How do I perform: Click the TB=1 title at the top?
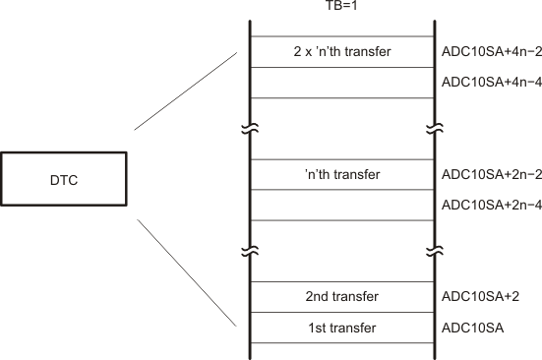click(341, 8)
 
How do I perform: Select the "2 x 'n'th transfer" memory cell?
click(341, 51)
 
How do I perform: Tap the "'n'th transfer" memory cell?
click(341, 174)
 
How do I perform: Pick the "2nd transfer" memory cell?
click(341, 296)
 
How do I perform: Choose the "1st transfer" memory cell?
click(341, 327)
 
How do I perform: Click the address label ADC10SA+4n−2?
click(486, 51)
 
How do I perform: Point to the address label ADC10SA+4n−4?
click(486, 82)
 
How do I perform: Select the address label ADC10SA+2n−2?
click(486, 174)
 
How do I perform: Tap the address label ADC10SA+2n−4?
click(486, 205)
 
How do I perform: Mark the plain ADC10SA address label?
click(466, 327)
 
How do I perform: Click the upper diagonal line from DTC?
click(187, 90)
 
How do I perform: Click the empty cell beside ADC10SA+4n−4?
click(341, 82)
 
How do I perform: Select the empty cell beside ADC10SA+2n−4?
click(341, 205)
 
